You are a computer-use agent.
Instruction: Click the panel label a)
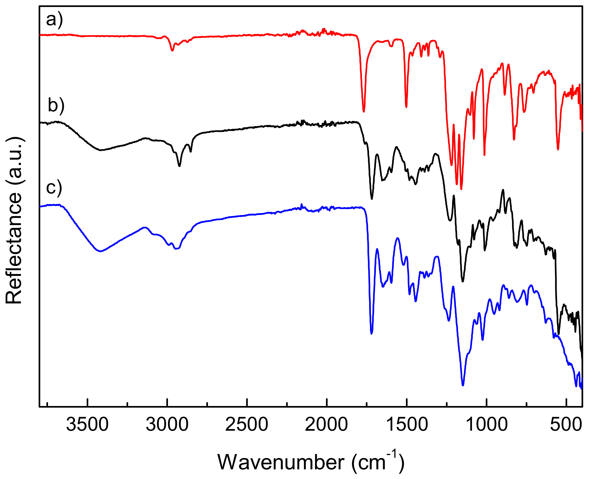[x=54, y=20]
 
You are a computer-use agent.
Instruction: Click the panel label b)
[x=56, y=105]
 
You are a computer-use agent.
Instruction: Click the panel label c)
[x=54, y=188]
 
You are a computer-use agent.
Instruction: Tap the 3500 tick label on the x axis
[x=87, y=424]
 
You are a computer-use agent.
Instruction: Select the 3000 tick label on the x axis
[x=167, y=424]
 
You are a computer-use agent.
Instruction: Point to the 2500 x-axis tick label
[x=247, y=424]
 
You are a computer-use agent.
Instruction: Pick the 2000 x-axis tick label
[x=326, y=424]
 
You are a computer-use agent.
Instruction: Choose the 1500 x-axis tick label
[x=406, y=424]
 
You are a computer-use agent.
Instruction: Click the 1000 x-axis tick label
[x=486, y=424]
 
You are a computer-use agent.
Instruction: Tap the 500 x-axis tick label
[x=566, y=424]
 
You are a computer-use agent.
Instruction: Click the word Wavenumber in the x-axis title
[x=281, y=462]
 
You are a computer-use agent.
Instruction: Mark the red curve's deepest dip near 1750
[x=364, y=111]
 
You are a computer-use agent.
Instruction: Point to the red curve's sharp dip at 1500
[x=406, y=107]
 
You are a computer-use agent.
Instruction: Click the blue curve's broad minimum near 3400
[x=101, y=251]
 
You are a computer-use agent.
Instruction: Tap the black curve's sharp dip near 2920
[x=179, y=166]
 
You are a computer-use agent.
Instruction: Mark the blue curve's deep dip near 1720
[x=372, y=333]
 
